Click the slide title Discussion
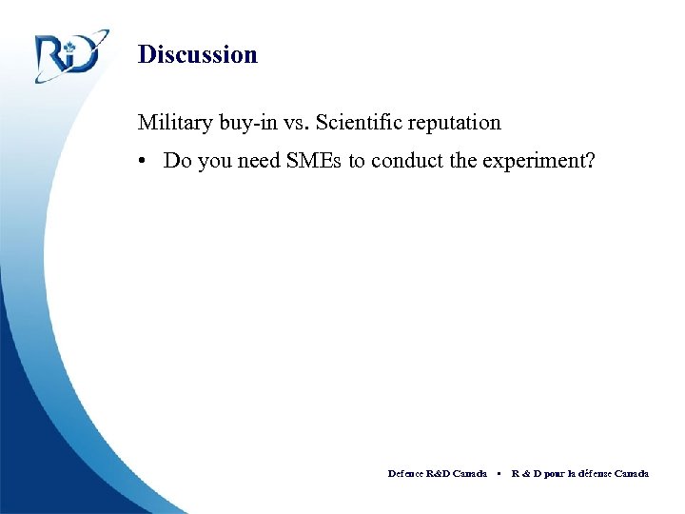click(197, 54)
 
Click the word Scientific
click(358, 122)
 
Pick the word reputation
click(453, 124)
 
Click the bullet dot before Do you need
click(143, 160)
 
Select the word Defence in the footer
click(406, 473)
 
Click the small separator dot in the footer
click(499, 473)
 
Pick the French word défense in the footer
click(591, 473)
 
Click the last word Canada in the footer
click(632, 473)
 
